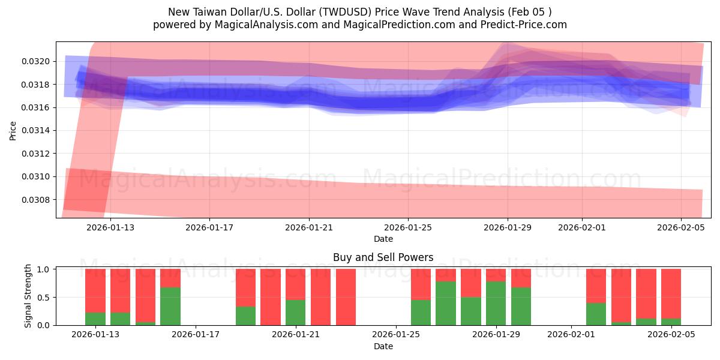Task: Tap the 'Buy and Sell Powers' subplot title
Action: coord(383,257)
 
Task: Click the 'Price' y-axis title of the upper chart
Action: coord(13,130)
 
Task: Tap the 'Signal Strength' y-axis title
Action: coord(28,296)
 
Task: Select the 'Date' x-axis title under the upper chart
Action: coord(383,239)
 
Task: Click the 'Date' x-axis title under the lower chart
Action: coord(383,346)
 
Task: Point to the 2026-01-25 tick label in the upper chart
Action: coord(408,227)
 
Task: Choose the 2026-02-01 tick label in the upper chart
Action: coord(582,227)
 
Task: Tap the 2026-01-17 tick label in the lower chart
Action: coord(196,335)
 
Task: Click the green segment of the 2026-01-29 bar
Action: coord(496,304)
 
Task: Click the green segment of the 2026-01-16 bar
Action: coord(170,307)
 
